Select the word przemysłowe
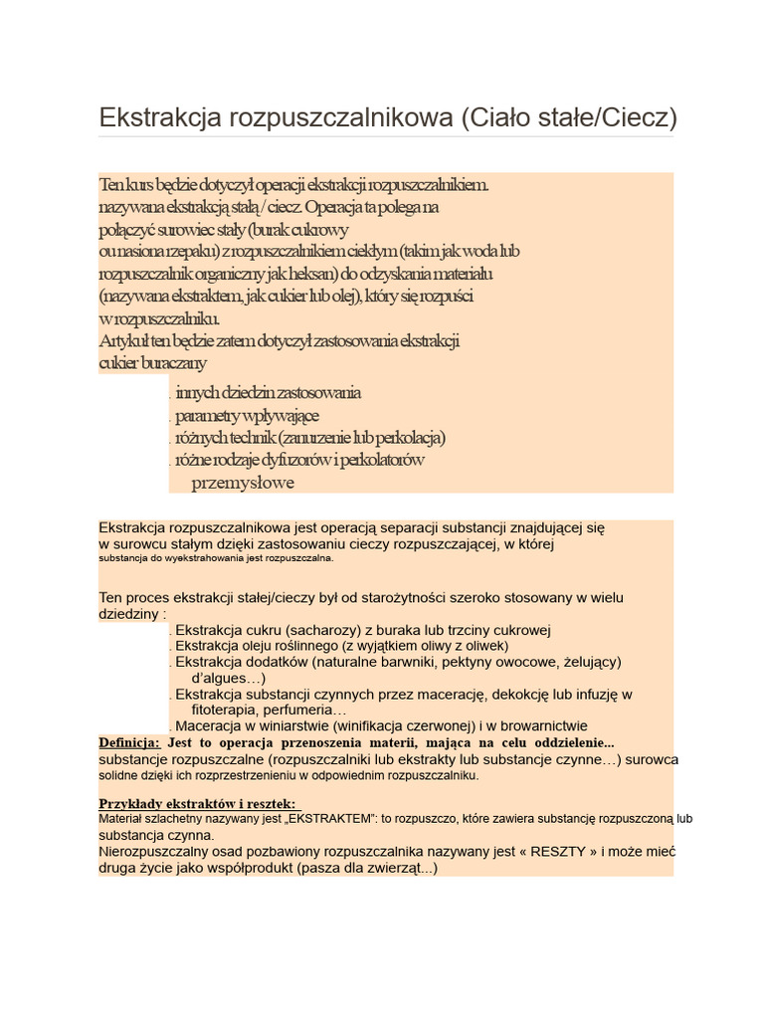click(x=243, y=484)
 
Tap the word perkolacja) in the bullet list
click(x=407, y=438)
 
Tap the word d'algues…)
click(x=228, y=678)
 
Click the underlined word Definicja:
click(x=129, y=742)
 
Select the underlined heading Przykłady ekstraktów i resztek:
click(x=197, y=804)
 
